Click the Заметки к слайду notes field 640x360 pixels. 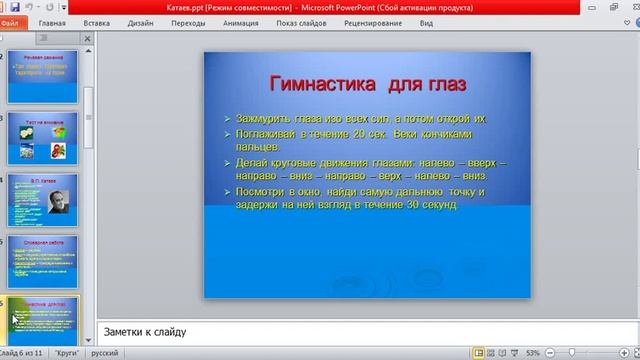(360, 332)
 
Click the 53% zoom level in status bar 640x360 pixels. (533, 353)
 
